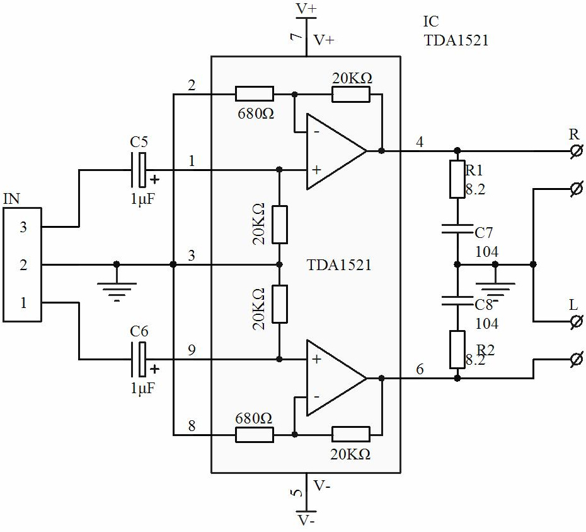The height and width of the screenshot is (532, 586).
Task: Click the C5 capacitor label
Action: pyautogui.click(x=139, y=142)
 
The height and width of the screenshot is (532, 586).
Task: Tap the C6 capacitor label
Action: pyautogui.click(x=139, y=331)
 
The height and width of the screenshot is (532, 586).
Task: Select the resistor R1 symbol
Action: pyautogui.click(x=457, y=179)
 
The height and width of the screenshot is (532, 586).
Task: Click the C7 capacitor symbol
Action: pyautogui.click(x=457, y=228)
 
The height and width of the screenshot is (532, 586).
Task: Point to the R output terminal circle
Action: pyautogui.click(x=577, y=151)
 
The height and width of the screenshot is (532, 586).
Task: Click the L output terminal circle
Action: pyautogui.click(x=577, y=321)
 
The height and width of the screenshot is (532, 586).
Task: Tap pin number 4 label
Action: pyautogui.click(x=420, y=142)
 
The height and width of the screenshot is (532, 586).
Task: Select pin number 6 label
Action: pyautogui.click(x=420, y=369)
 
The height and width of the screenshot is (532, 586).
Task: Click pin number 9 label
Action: pyautogui.click(x=192, y=350)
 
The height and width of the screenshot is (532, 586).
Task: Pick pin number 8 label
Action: pyautogui.click(x=192, y=426)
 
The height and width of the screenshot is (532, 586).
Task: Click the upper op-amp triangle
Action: pyautogui.click(x=336, y=151)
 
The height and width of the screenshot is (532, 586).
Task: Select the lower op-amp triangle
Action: pyautogui.click(x=336, y=378)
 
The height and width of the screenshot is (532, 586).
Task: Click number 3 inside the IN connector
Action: pyautogui.click(x=23, y=227)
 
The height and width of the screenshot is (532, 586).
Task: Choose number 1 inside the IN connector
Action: pyautogui.click(x=23, y=302)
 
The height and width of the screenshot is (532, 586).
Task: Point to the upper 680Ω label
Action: pyautogui.click(x=256, y=114)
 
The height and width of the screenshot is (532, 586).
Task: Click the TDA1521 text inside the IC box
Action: pyautogui.click(x=339, y=264)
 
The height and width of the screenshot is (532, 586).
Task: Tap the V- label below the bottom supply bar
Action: pyautogui.click(x=306, y=521)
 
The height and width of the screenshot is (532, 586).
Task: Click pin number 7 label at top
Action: pyautogui.click(x=296, y=37)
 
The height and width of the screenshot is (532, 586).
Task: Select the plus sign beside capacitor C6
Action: pyautogui.click(x=154, y=369)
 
